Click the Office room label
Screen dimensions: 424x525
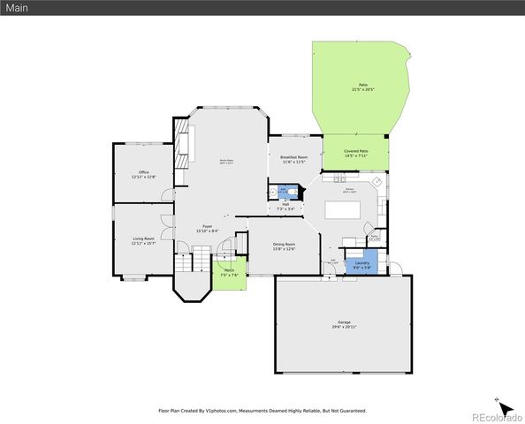[x=143, y=174]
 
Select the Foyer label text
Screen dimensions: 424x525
[x=207, y=228]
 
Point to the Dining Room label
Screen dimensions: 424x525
[x=284, y=246]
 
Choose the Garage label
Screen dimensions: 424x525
[x=344, y=323]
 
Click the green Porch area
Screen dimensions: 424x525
[x=228, y=272]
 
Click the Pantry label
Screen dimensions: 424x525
[x=375, y=236]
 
